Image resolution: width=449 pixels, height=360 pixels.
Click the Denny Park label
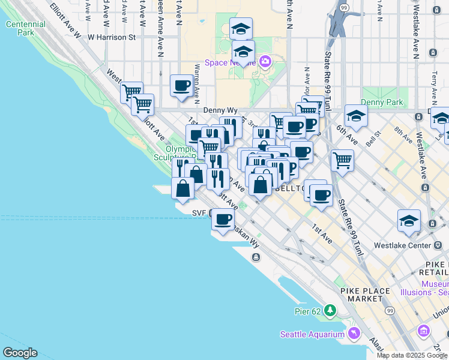382,103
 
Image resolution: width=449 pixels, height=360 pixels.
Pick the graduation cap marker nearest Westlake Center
409,220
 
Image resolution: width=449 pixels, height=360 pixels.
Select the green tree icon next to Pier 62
330,310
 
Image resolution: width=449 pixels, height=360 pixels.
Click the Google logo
19,353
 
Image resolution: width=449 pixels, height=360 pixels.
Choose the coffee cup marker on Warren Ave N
181,85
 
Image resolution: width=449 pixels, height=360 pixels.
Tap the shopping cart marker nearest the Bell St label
342,160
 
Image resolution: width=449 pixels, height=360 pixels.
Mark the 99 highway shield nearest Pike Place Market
390,310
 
